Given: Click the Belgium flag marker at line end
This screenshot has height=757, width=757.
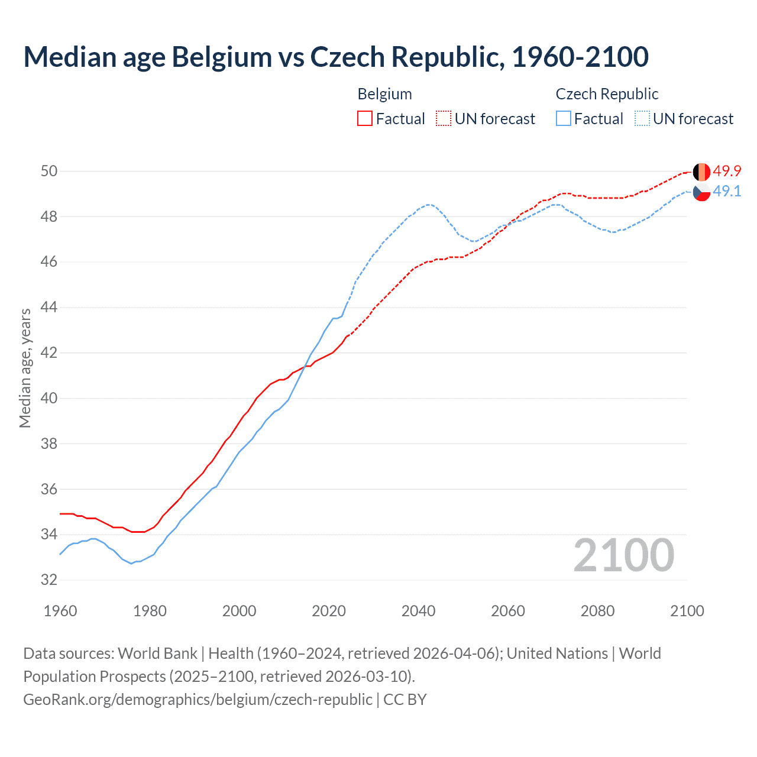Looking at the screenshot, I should (x=701, y=172).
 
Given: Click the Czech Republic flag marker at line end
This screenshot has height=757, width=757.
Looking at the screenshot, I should (x=701, y=192).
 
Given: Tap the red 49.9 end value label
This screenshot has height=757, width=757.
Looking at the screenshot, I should (x=727, y=171).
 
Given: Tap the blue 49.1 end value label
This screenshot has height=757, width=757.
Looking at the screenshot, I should (x=727, y=191).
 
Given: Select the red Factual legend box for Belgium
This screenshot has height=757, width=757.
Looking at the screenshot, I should (x=365, y=119).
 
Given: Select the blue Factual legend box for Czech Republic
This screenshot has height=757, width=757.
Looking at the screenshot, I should (x=564, y=119).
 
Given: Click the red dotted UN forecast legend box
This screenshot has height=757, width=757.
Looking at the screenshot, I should (x=444, y=119).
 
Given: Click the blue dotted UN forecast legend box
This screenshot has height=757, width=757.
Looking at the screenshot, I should (x=642, y=119).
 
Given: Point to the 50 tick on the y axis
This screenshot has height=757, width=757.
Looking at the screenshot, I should (x=49, y=172).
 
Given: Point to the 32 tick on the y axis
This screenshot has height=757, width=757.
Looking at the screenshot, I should (x=49, y=580).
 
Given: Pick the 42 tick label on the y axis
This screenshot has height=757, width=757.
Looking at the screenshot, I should (x=49, y=353).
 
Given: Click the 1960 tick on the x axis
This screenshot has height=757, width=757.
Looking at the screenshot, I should (x=60, y=611).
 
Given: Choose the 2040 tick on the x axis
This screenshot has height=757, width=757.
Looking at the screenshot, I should (x=418, y=611).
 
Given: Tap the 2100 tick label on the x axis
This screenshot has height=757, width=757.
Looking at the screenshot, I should (x=687, y=611).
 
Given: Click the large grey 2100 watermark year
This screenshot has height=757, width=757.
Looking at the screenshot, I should (x=624, y=555).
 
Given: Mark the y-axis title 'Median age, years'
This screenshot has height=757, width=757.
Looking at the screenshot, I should (x=25, y=368).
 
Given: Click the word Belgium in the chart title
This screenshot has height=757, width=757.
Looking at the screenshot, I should (x=221, y=57).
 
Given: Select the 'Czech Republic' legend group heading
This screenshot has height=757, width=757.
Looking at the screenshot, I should (x=607, y=94).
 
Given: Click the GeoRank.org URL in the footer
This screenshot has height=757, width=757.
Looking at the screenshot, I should (x=198, y=699).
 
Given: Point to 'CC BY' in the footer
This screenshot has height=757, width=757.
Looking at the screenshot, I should (x=405, y=699).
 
